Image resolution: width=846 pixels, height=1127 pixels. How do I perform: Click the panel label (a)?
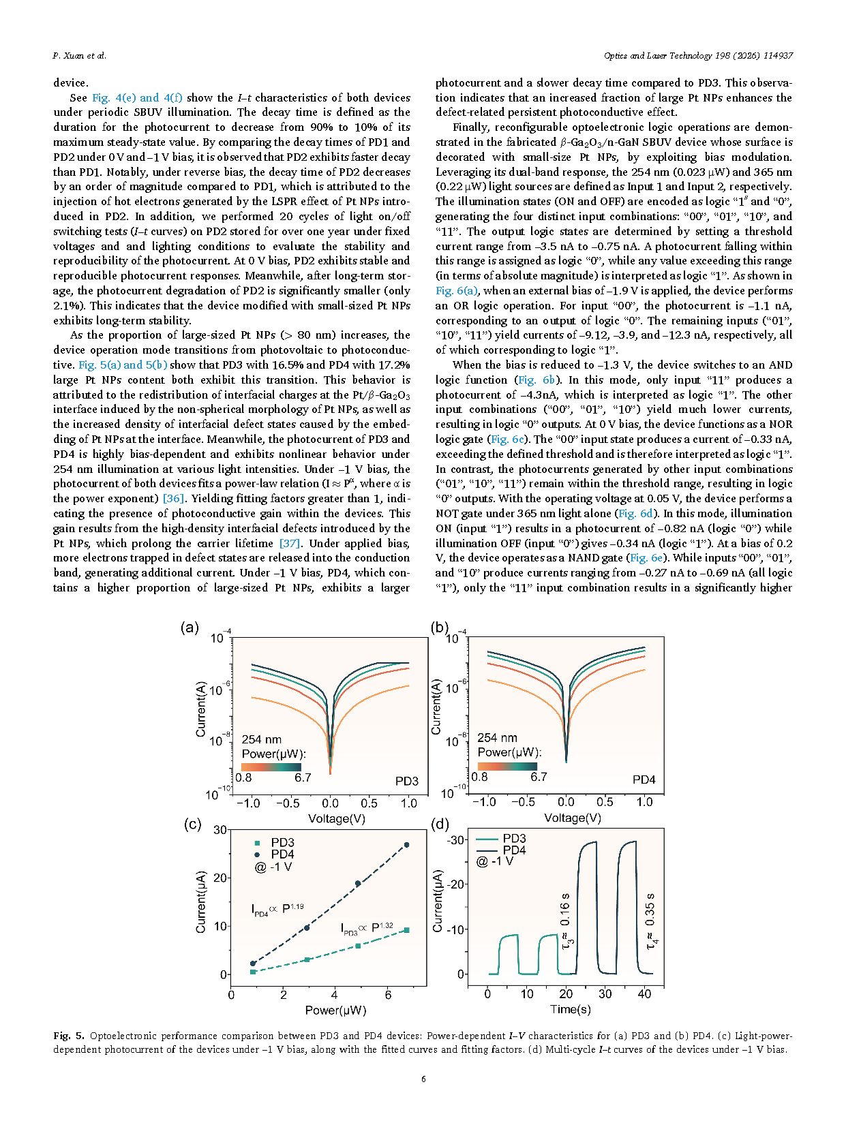190,628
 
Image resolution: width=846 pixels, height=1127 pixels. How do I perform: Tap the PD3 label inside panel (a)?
407,781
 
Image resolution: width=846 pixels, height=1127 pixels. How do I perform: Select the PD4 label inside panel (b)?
644,779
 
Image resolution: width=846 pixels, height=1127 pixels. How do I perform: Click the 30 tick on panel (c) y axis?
220,830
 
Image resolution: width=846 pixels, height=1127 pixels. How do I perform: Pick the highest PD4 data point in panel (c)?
407,845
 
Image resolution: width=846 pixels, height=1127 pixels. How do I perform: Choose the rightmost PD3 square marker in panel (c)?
407,930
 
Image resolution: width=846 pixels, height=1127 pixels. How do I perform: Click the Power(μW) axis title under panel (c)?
335,1010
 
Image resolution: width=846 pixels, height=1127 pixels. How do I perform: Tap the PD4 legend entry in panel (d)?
514,850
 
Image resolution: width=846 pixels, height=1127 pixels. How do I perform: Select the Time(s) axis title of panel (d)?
571,1009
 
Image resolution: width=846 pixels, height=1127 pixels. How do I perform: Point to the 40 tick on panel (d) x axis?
644,994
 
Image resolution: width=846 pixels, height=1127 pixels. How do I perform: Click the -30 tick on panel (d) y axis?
456,839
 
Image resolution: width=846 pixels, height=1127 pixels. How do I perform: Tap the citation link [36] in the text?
173,499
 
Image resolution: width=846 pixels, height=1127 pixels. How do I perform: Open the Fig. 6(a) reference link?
457,291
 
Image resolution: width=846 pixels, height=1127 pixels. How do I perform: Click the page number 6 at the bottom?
423,1079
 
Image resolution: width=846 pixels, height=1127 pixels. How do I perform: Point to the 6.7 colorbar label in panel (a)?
303,777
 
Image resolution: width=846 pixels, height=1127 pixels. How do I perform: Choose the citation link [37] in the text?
290,544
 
